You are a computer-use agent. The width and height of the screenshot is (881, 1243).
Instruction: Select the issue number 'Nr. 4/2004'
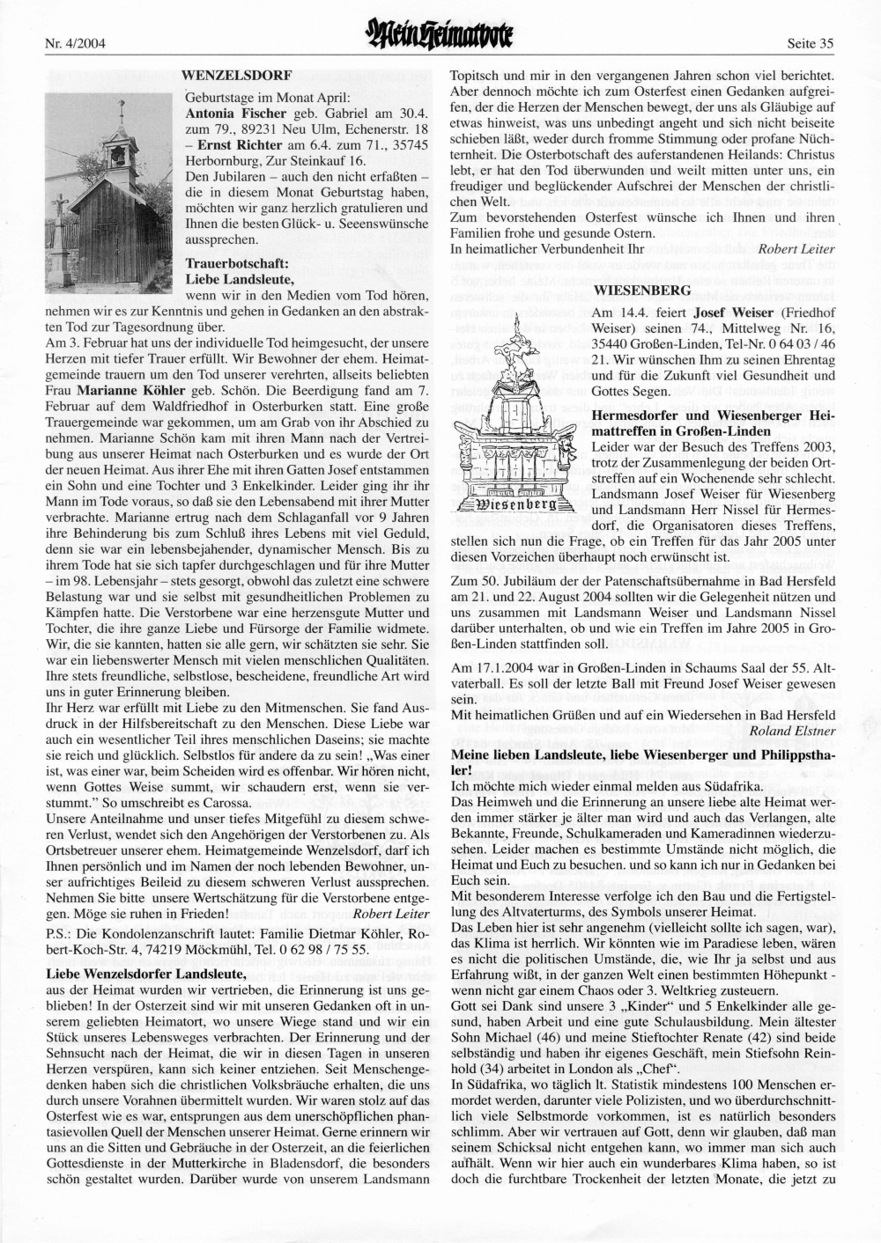[74, 41]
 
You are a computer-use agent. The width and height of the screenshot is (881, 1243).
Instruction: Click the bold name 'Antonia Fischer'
[236, 114]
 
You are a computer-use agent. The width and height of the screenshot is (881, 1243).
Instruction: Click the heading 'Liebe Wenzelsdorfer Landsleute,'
[144, 973]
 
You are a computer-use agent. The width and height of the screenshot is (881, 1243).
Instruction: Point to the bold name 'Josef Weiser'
[725, 313]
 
